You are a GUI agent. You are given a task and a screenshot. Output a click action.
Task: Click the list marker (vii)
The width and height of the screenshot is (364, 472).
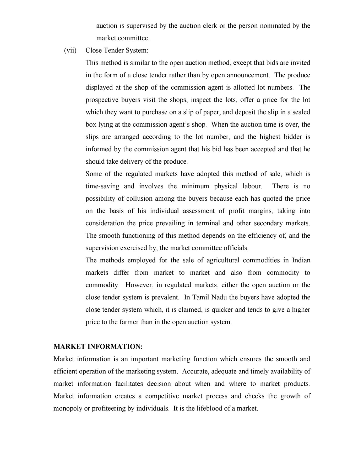click(70, 50)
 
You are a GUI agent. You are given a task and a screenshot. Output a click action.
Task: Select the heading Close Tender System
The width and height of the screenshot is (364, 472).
click(117, 50)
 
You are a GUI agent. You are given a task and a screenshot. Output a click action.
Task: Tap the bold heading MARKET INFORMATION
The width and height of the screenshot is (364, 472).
click(98, 346)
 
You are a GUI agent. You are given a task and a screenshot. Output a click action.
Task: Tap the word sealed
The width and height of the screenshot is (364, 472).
click(301, 112)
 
